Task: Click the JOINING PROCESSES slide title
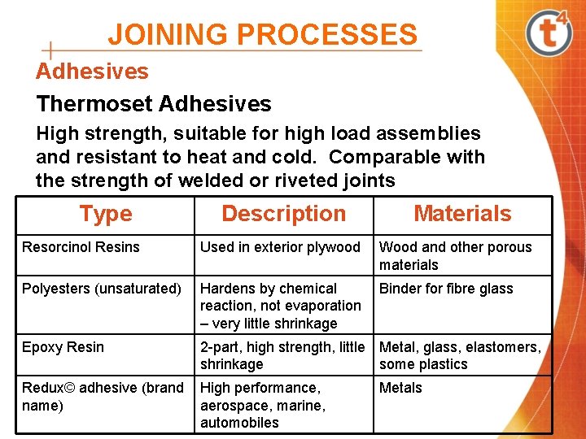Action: [x=262, y=34]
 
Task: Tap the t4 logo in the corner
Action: [x=549, y=33]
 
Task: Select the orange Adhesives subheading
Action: [x=92, y=72]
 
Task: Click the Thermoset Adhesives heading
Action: [x=154, y=104]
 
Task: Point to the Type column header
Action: [x=106, y=214]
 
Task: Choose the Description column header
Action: [x=283, y=214]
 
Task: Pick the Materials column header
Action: [x=462, y=214]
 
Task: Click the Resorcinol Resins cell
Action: [x=81, y=247]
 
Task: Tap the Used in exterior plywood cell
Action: [x=280, y=247]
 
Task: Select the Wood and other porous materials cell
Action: [x=456, y=256]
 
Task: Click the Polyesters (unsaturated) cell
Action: [x=102, y=289]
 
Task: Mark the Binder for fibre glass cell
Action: [x=446, y=289]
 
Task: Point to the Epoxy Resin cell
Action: [x=63, y=347]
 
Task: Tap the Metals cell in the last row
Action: [x=401, y=388]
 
